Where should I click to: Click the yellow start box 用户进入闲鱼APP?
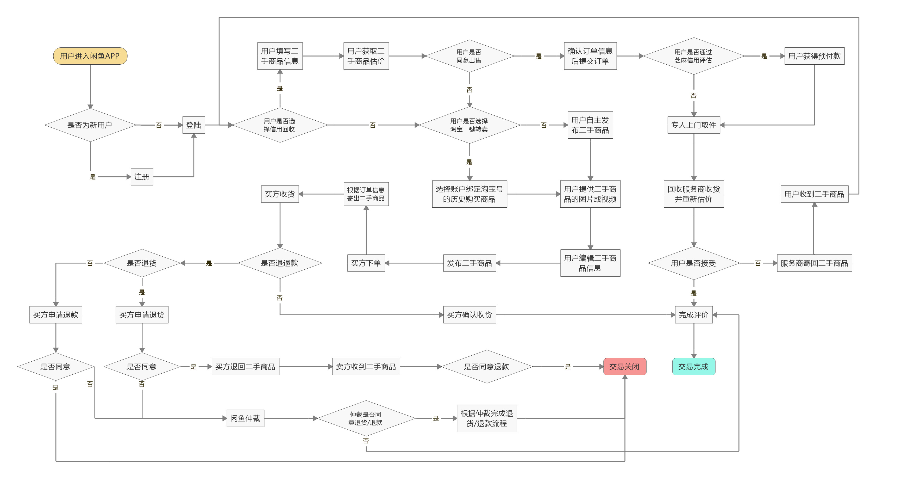tap(90, 56)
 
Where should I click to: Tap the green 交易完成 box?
tap(693, 367)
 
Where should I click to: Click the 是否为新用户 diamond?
tap(90, 125)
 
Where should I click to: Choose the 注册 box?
tap(142, 177)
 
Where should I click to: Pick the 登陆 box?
tap(193, 125)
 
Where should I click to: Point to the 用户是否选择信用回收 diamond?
tap(279, 125)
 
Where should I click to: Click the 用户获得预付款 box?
tap(814, 56)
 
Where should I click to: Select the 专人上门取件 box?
tap(693, 125)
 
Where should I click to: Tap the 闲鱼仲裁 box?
tap(245, 418)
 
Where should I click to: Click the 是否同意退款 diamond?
tap(486, 367)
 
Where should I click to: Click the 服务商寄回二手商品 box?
tap(814, 263)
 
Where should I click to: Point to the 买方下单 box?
tap(366, 263)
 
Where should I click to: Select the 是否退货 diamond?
tap(142, 263)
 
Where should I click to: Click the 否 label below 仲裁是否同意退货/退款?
tap(366, 441)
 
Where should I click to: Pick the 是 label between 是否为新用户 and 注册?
tap(92, 177)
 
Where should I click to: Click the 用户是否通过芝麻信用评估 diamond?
tap(693, 56)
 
